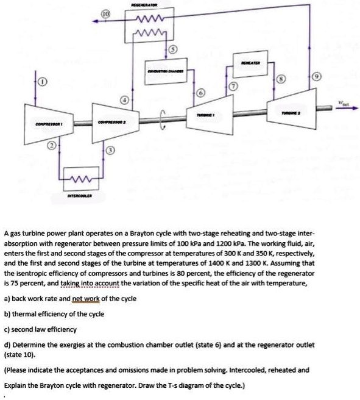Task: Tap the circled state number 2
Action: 52,146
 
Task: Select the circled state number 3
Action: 110,151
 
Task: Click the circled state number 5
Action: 172,49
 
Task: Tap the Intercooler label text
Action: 78,196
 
